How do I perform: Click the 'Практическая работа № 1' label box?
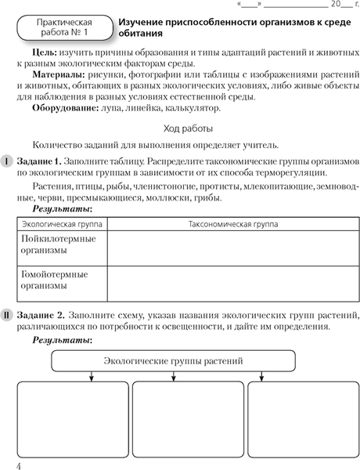(63, 31)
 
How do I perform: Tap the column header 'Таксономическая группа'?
(232, 224)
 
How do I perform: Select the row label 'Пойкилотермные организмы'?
(55, 244)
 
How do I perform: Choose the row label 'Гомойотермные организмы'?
(55, 280)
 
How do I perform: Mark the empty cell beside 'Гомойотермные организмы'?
(232, 283)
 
